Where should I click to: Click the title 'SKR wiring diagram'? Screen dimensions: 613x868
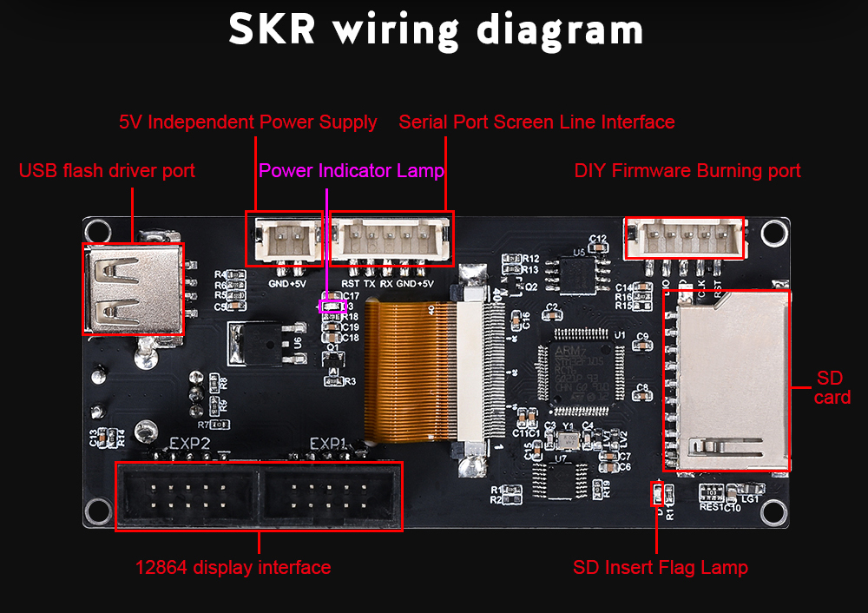coord(436,30)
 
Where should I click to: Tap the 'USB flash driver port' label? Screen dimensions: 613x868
coord(107,171)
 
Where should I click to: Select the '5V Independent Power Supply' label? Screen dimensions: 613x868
coord(247,122)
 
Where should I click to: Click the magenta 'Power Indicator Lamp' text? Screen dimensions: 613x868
coord(352,171)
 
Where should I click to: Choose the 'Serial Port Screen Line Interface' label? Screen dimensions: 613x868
coord(536,122)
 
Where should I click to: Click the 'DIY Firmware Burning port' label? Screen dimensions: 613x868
coord(687,171)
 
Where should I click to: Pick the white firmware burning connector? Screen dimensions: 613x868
coord(685,238)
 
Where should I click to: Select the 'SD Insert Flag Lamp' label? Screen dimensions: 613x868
coord(660,568)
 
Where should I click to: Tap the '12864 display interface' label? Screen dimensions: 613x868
coord(233,568)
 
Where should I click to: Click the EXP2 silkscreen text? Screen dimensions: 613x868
coord(189,444)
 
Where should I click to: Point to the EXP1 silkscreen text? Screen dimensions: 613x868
coord(329,444)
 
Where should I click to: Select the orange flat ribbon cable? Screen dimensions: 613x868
coord(411,369)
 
